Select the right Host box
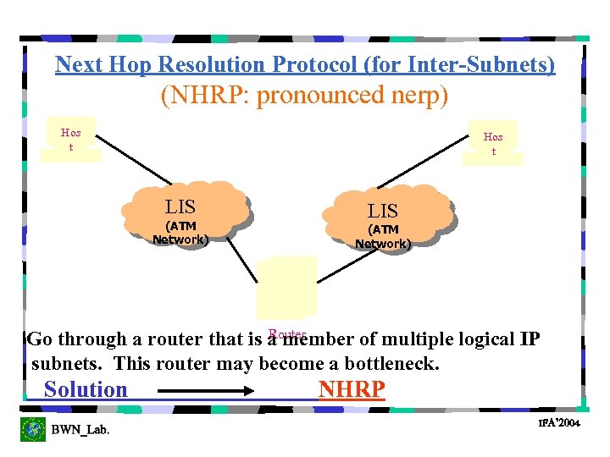click(x=493, y=143)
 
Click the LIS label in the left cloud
click(x=180, y=206)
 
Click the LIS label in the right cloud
click(x=382, y=211)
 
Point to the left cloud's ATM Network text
click(x=180, y=233)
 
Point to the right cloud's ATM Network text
click(x=383, y=237)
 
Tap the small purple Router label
click(x=286, y=334)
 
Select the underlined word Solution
click(x=86, y=389)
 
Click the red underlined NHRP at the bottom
click(x=352, y=389)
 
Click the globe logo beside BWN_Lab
click(x=33, y=429)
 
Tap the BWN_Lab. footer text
click(x=80, y=430)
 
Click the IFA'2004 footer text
click(x=558, y=422)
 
